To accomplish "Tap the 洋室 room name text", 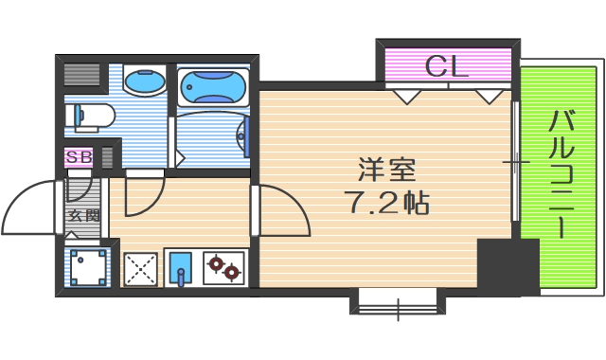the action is [386, 171].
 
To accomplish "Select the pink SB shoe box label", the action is [79, 157].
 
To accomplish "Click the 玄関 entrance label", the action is [83, 216].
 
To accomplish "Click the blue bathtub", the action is [212, 86].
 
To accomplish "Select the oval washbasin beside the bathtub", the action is [144, 83].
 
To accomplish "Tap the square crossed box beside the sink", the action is [140, 267].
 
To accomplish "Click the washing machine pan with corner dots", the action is [91, 266].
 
